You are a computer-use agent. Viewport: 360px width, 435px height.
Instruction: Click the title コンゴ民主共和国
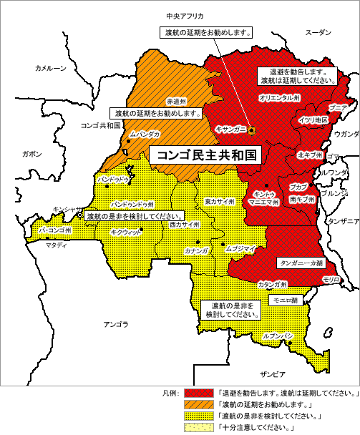[x=201, y=154]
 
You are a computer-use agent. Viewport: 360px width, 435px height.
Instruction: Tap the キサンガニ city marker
[x=251, y=129]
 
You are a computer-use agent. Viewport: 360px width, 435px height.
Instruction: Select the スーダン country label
[x=318, y=32]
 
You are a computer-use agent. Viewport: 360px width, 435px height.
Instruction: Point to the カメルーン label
[x=50, y=68]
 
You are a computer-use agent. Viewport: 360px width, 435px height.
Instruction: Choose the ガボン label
[x=31, y=153]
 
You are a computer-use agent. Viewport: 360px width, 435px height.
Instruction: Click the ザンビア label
[x=273, y=374]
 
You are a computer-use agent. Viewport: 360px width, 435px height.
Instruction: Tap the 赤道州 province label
[x=175, y=101]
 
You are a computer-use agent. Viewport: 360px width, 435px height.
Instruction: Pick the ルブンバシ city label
[x=278, y=336]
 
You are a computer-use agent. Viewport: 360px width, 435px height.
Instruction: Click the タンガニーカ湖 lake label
[x=299, y=263]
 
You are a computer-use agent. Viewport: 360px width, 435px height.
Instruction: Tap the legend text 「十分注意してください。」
[x=250, y=427]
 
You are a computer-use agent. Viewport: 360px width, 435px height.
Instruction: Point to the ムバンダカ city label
[x=145, y=134]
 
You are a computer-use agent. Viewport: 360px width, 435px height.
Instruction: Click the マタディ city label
[x=56, y=245]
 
